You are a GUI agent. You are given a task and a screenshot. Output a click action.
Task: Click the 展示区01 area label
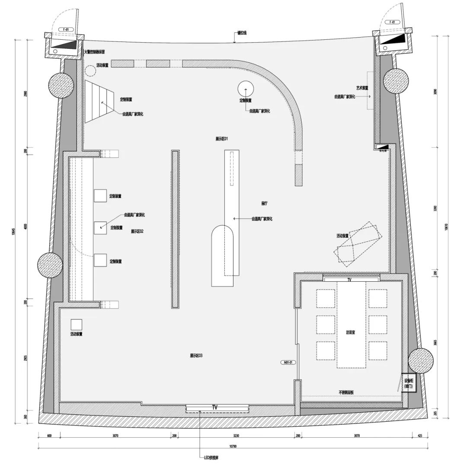point(221,139)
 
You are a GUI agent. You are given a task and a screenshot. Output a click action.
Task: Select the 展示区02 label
point(137,232)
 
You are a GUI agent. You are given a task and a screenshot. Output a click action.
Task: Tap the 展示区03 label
point(196,356)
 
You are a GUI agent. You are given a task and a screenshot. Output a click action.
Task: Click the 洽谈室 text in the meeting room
point(351,332)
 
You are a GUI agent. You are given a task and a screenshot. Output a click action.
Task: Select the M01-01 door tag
point(289,363)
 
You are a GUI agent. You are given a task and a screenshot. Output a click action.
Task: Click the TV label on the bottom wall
point(215,408)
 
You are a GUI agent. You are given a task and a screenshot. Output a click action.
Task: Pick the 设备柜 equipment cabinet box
point(409,383)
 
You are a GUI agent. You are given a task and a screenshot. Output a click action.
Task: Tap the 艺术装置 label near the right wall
point(362,88)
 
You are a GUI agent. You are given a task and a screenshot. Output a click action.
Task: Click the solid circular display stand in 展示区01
point(246,89)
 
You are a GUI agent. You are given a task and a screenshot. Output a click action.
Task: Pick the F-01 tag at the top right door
point(392,22)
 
